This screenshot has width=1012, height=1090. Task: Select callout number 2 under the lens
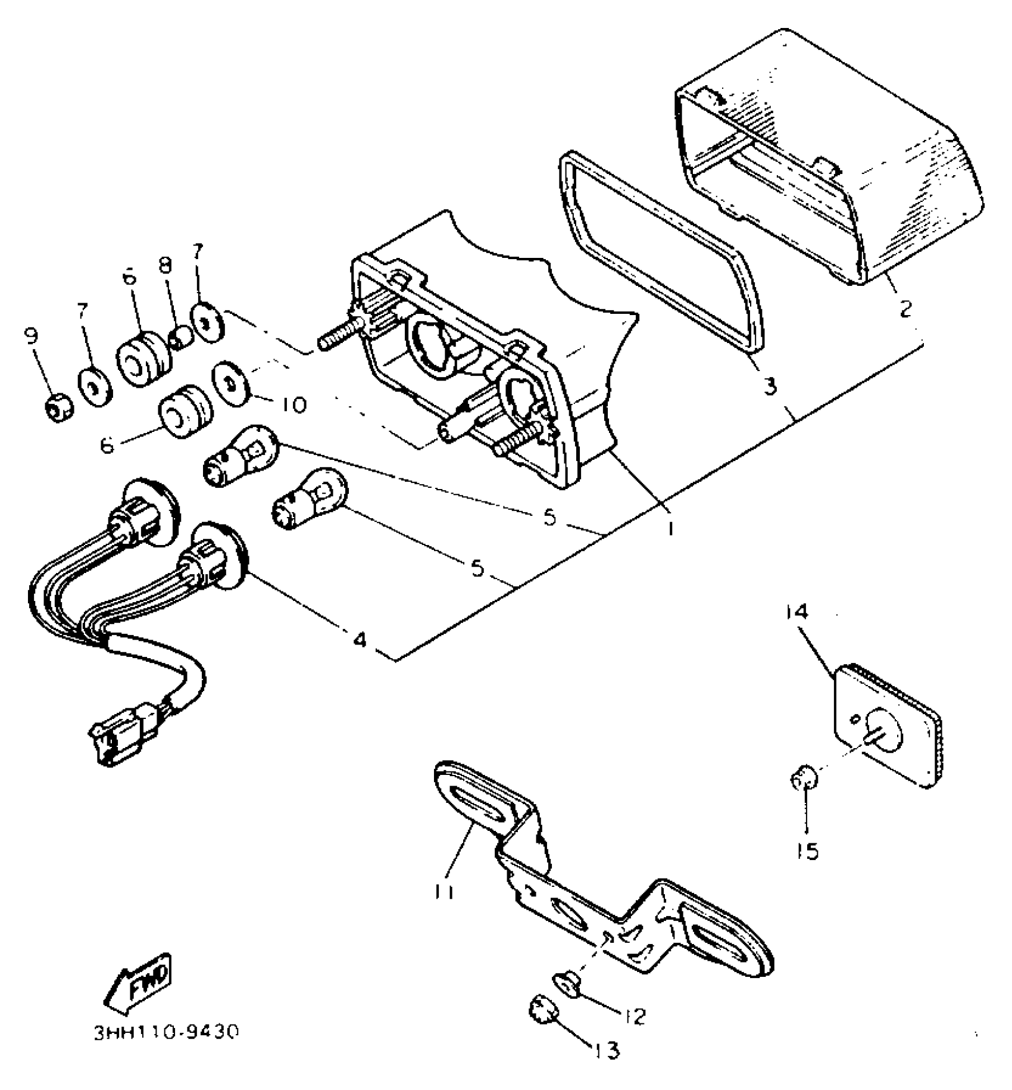905,309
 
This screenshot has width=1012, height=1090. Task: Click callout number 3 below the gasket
770,386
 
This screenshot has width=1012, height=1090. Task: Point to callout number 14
798,612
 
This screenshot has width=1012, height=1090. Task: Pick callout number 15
807,851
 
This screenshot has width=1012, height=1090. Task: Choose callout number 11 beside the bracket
444,891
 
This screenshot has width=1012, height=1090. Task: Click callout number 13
607,1050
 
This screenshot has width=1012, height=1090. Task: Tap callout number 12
635,1016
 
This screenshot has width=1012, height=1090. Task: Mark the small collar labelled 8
179,340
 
